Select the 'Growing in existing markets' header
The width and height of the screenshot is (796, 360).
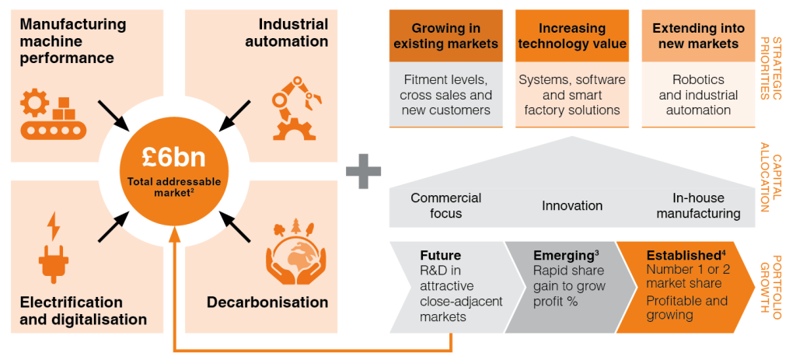click(445, 36)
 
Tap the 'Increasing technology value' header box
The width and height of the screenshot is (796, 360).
click(572, 36)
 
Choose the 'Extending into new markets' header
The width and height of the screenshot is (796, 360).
click(698, 36)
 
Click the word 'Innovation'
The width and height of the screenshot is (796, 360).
click(572, 205)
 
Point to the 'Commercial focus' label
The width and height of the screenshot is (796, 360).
click(445, 205)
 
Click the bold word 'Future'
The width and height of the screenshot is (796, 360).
click(440, 255)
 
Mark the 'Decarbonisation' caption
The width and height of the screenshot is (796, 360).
click(267, 302)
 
